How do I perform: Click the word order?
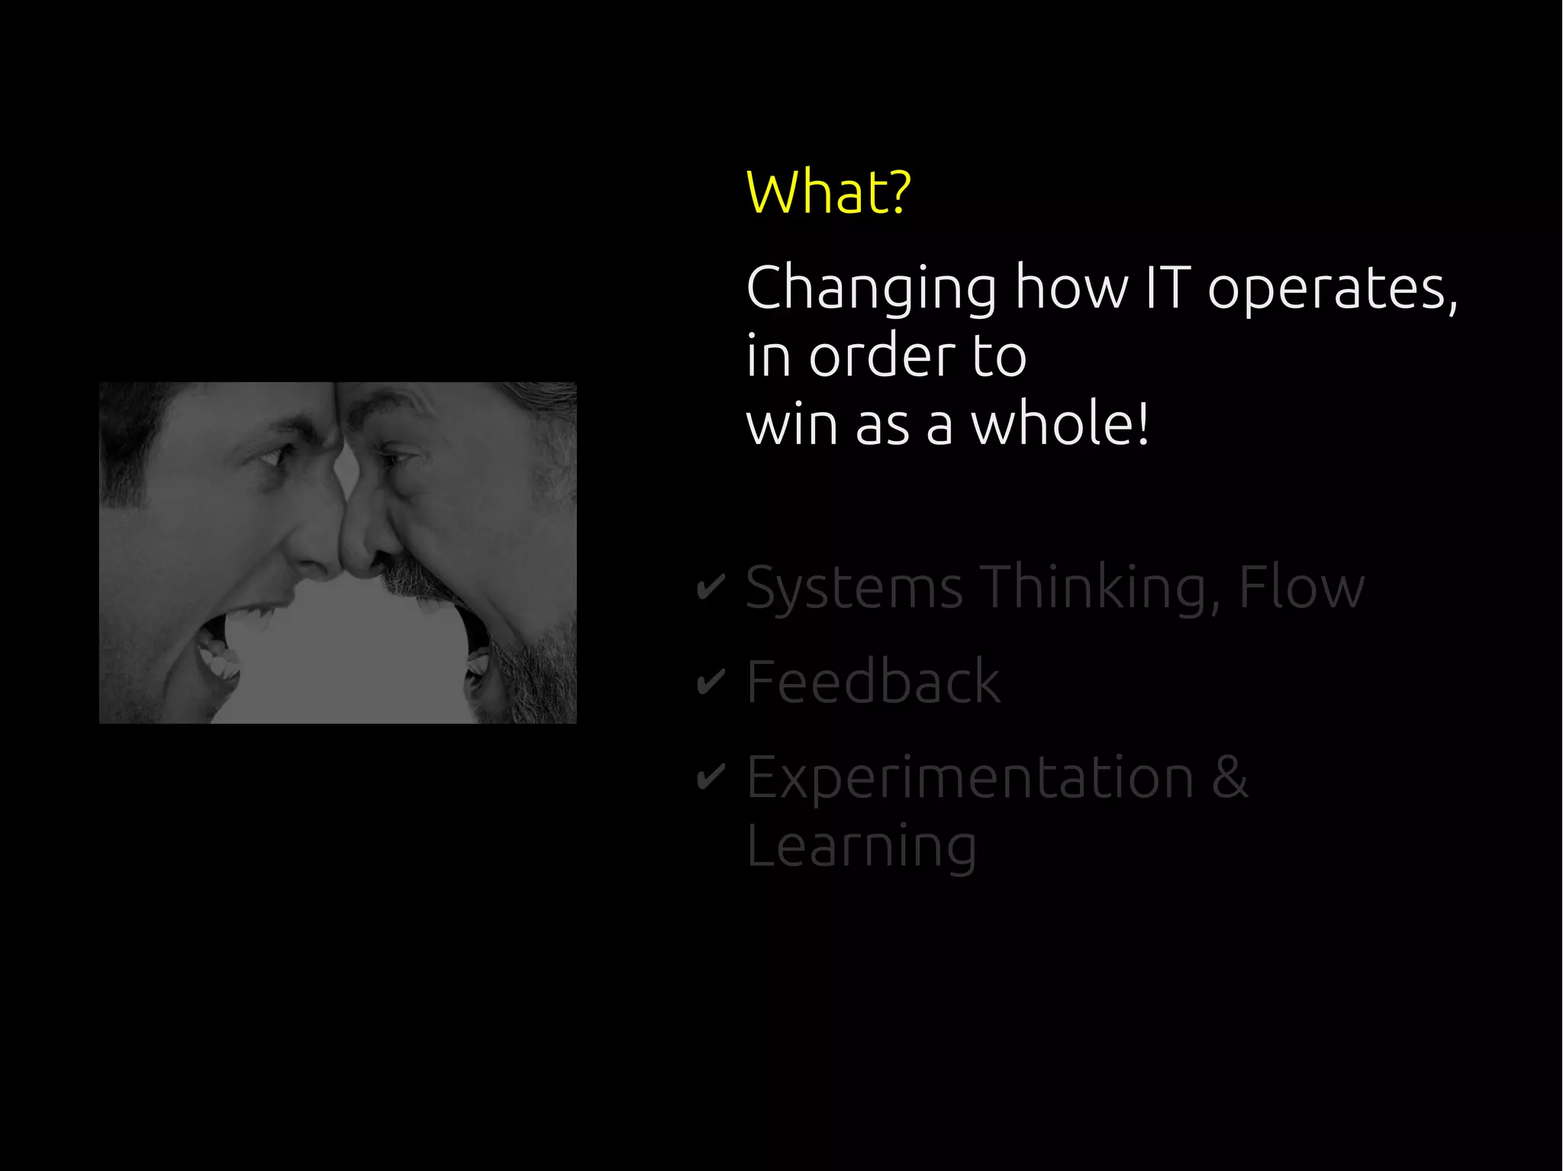click(x=882, y=356)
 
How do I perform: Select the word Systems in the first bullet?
click(x=854, y=588)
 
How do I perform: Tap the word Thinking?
click(x=1100, y=588)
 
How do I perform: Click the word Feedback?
click(x=873, y=681)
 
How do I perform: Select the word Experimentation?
click(x=969, y=778)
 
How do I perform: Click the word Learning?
click(x=861, y=847)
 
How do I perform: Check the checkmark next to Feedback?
click(x=711, y=681)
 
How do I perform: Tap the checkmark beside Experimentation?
click(x=711, y=777)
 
